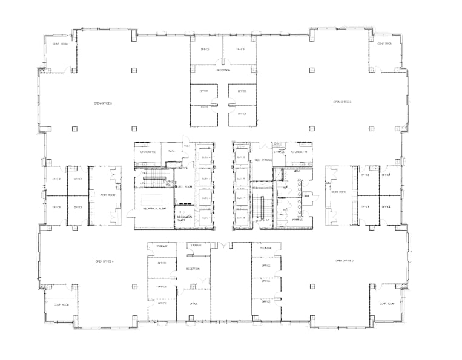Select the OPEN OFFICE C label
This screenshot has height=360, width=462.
point(343,102)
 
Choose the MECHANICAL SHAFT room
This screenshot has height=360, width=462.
point(185,217)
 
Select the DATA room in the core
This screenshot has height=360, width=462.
point(172,151)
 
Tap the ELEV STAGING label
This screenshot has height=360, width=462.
point(262,159)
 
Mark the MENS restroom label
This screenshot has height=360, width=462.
point(297,171)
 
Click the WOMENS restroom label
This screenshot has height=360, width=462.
point(297,219)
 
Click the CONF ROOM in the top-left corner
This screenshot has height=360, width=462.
point(59,44)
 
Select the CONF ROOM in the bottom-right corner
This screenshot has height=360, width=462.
point(387,304)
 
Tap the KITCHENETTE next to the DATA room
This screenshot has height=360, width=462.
point(148,152)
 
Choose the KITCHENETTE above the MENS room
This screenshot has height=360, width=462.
point(299,152)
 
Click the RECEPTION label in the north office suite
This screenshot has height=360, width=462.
point(224,70)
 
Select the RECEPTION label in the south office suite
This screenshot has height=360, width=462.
point(193,269)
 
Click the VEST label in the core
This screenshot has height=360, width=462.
point(187,146)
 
